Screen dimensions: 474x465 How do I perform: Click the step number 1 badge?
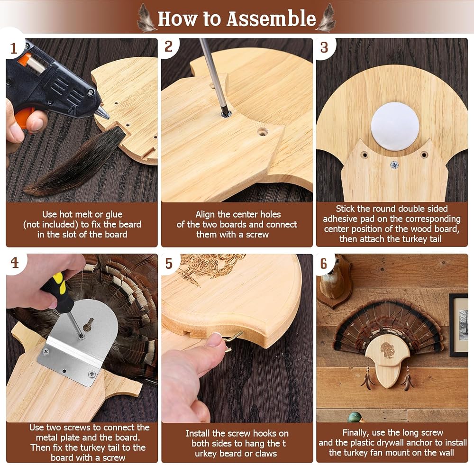click(x=13, y=48)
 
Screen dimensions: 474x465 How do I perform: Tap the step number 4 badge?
click(x=15, y=263)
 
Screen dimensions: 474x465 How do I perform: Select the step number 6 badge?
click(x=324, y=264)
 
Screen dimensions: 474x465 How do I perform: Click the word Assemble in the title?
click(x=271, y=18)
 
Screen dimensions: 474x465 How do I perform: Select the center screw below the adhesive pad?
click(x=394, y=165)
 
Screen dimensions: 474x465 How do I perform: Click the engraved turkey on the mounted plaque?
click(x=386, y=350)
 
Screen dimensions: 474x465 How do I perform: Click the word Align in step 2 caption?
click(x=205, y=215)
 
